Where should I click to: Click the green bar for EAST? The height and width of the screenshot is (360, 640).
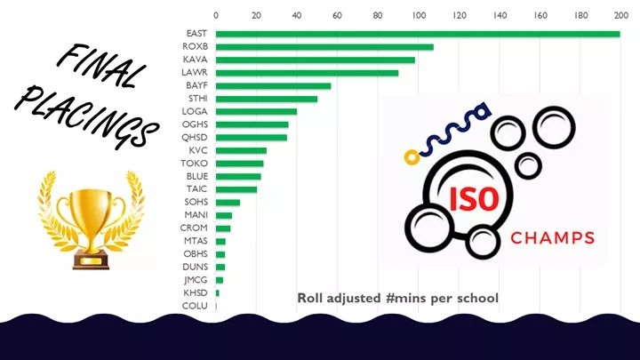click(x=418, y=34)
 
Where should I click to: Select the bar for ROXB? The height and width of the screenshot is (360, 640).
click(x=324, y=47)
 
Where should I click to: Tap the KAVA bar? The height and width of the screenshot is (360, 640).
click(x=316, y=60)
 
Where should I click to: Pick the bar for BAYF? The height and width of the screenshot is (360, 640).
click(x=274, y=85)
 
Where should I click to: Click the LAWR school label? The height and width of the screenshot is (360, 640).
click(x=196, y=73)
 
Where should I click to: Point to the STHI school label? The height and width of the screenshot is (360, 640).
click(x=196, y=99)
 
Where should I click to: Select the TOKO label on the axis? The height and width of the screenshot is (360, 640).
click(x=196, y=164)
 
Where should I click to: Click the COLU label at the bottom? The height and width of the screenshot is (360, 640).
click(x=196, y=306)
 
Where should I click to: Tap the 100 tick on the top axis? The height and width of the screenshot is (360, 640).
click(x=418, y=15)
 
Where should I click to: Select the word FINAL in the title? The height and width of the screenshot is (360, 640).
click(x=98, y=69)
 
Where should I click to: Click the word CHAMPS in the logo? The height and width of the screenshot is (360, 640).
click(x=552, y=238)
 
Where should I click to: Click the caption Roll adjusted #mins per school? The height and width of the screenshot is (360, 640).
click(x=397, y=297)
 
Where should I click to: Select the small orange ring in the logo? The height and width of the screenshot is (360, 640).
click(x=411, y=157)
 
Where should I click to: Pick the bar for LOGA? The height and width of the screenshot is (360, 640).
click(x=257, y=111)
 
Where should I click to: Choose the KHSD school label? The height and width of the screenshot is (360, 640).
click(x=196, y=292)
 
